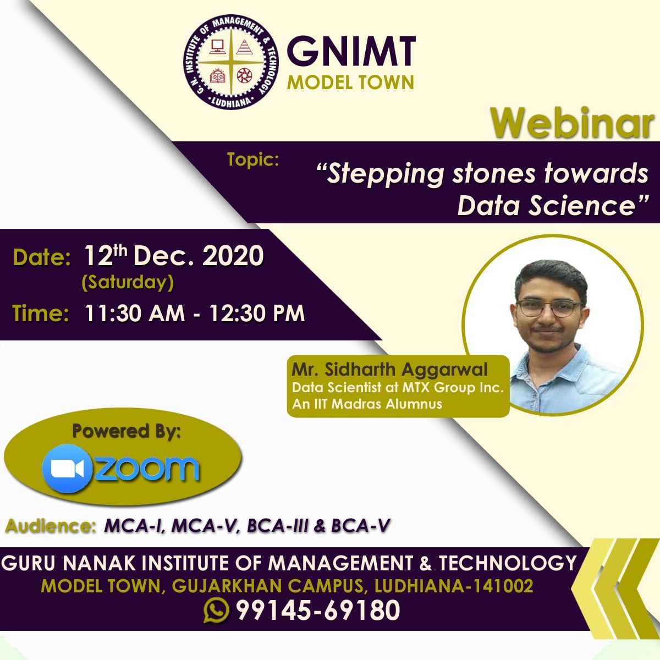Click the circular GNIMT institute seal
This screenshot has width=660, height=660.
pos(231,62)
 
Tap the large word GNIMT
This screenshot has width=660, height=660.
pos(351,51)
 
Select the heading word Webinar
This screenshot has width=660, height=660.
pos(572,123)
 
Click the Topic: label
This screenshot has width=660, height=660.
pos(253,159)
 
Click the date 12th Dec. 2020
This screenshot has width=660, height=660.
pos(174,256)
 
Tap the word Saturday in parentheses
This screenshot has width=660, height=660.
pos(128,283)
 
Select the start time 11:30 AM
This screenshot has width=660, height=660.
pos(135,313)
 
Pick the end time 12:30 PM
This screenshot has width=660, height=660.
pos(257,313)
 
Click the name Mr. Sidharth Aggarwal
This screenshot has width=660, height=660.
pos(389,370)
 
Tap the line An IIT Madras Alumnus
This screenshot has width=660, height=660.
pos(367,404)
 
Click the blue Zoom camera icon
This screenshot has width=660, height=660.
pos(68,469)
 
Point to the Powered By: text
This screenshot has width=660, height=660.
pos(126,431)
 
